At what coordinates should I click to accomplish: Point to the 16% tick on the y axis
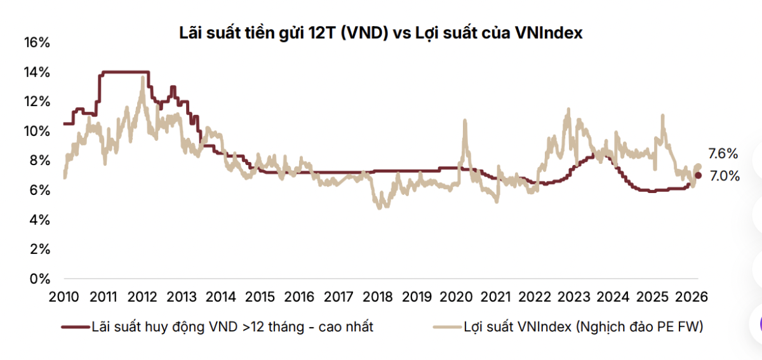[36, 43]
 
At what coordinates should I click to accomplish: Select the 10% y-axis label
[36, 131]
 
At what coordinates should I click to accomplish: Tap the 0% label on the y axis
[40, 279]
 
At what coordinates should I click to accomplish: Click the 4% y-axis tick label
[40, 220]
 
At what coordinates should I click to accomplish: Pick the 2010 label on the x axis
[63, 297]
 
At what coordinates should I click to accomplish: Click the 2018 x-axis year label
[378, 297]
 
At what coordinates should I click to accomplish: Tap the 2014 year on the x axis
[221, 297]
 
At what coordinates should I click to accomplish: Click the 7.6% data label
[723, 154]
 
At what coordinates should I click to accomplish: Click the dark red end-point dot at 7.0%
[698, 175]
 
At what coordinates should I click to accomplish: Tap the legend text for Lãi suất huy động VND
[232, 327]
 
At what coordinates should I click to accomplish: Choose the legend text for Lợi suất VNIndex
[584, 327]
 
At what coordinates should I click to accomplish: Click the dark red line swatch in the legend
[74, 328]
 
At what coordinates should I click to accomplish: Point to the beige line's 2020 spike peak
[465, 120]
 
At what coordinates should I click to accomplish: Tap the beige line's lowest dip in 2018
[380, 208]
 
